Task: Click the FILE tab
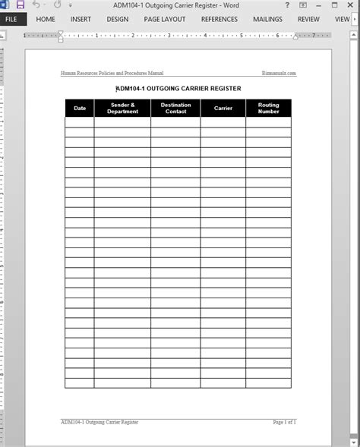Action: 12,19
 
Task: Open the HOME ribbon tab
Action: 46,19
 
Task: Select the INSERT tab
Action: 81,19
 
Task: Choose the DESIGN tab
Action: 118,19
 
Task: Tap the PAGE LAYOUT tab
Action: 164,19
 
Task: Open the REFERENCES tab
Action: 219,19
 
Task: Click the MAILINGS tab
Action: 268,19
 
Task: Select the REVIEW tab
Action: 308,19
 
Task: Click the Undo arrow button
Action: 36,5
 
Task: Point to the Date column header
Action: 80,108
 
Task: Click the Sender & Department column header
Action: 122,108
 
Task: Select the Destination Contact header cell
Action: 175,108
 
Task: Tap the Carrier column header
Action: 223,108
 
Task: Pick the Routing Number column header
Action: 268,108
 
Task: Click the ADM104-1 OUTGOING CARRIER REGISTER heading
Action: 178,88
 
